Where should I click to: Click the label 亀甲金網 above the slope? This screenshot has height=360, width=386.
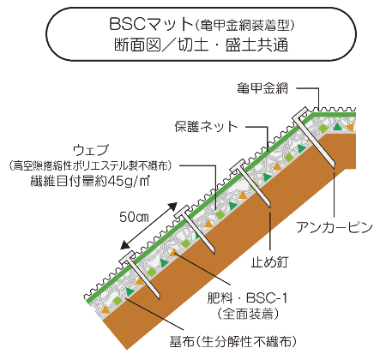click(x=262, y=88)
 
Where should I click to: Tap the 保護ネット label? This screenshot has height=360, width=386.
click(x=207, y=126)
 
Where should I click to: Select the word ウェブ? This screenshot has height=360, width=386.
click(x=91, y=150)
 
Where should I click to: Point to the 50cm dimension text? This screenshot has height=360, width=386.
click(x=134, y=217)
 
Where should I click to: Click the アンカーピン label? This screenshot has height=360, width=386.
click(x=335, y=227)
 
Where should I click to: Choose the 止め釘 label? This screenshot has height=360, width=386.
click(x=270, y=262)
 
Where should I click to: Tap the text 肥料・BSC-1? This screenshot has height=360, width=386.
click(x=247, y=298)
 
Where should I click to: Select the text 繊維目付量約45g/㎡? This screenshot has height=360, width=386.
click(x=90, y=181)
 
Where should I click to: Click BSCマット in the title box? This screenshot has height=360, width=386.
click(x=151, y=24)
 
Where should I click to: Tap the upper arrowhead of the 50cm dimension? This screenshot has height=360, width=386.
click(x=173, y=207)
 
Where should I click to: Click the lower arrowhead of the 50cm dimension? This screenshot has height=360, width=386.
click(x=125, y=244)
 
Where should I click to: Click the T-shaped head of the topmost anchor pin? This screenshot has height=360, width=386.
click(x=300, y=114)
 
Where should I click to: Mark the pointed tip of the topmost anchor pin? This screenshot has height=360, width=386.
click(x=333, y=165)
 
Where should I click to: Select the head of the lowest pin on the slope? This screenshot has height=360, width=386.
click(x=127, y=258)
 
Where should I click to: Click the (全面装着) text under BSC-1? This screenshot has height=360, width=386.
click(x=248, y=314)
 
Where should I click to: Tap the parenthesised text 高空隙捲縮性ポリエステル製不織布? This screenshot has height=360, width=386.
click(x=90, y=165)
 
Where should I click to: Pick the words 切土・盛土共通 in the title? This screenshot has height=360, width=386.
click(x=233, y=45)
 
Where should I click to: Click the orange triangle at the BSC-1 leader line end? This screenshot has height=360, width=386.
click(x=173, y=252)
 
